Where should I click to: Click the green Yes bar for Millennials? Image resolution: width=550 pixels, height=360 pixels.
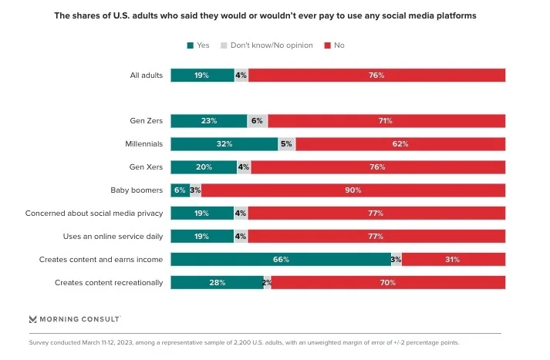[x=224, y=144]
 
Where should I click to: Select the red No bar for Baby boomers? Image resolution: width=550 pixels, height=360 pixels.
[x=353, y=190]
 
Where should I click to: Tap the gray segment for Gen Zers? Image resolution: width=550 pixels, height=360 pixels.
[x=258, y=121]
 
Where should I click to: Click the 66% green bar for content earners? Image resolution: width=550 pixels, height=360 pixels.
[x=281, y=260]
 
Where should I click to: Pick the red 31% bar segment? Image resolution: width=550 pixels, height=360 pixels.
[x=454, y=260]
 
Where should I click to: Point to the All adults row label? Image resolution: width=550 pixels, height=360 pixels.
[x=146, y=76]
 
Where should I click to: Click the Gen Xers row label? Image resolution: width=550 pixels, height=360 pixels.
[x=147, y=167]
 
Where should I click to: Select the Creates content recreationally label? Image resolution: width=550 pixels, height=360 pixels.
[x=109, y=283]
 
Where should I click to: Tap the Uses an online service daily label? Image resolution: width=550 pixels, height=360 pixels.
[x=113, y=237]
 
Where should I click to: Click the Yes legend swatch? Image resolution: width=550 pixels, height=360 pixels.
[x=190, y=45]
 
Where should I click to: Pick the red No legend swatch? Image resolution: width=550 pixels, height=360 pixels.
[x=328, y=45]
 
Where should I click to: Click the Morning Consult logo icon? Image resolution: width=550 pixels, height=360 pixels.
[x=33, y=318]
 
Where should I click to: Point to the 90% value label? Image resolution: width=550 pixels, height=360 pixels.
[x=353, y=190]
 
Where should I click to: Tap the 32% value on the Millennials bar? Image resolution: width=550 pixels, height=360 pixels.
[x=224, y=144]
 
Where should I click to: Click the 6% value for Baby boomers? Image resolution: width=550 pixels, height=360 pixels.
[x=180, y=190]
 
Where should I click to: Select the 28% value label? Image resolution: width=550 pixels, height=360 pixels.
[x=217, y=283]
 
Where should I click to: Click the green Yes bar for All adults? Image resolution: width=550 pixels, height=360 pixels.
[x=202, y=76]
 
